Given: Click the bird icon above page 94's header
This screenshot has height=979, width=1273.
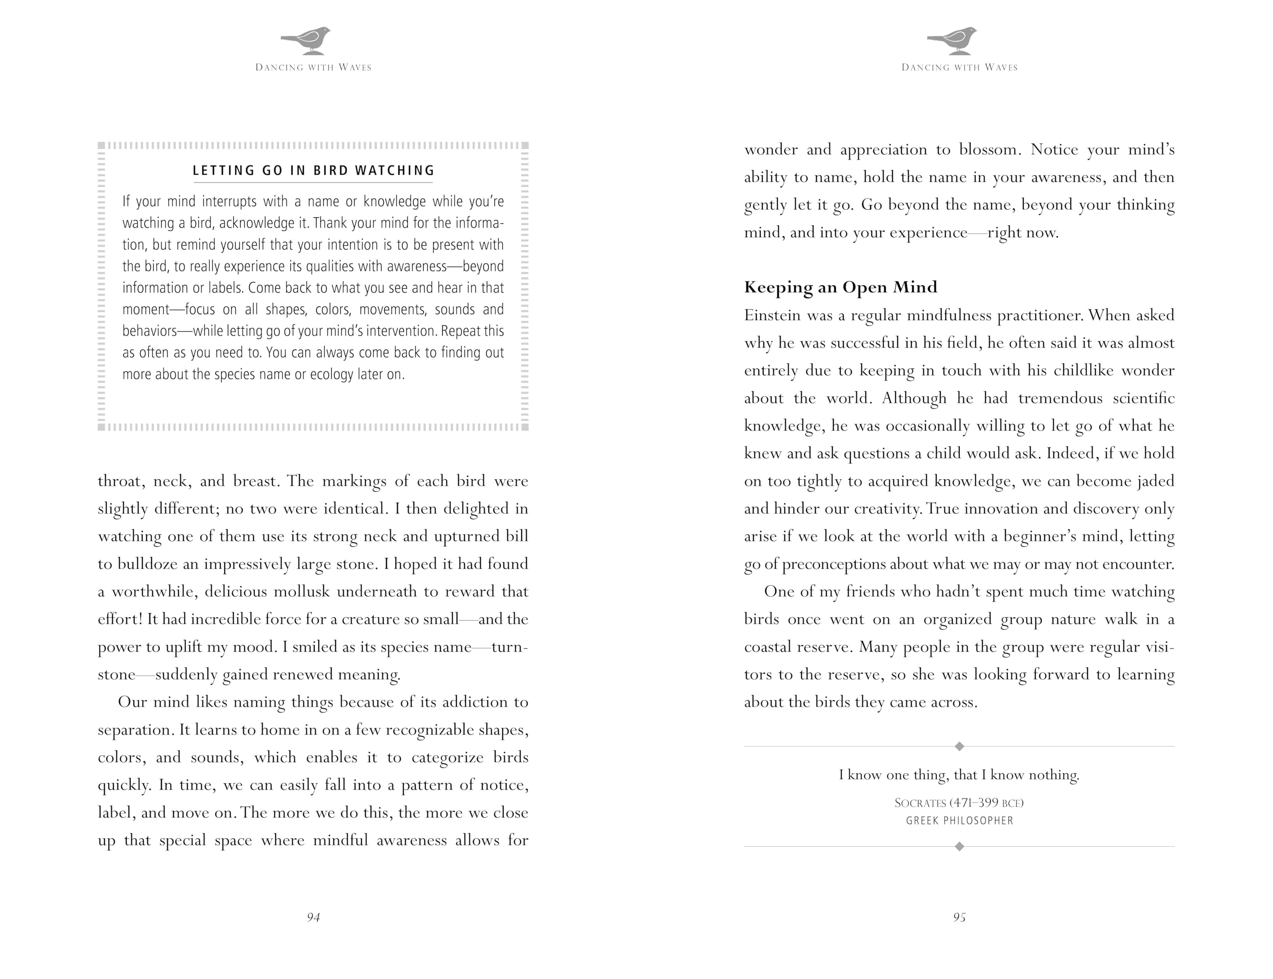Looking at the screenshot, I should click(x=307, y=40).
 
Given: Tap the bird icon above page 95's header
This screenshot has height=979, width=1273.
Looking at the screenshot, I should click(x=953, y=40).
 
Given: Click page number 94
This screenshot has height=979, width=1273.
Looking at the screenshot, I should click(x=314, y=917).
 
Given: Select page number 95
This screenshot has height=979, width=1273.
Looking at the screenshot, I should click(x=959, y=917).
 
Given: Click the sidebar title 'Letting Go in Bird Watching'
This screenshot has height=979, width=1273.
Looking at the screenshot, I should click(x=314, y=171).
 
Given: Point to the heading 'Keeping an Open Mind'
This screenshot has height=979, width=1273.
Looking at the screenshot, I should click(x=840, y=287).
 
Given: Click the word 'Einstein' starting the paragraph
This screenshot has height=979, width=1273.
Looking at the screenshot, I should click(x=769, y=315).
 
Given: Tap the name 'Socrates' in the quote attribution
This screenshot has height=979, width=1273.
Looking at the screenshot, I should click(x=920, y=803).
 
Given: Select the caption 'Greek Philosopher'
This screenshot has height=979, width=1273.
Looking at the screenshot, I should click(x=959, y=821).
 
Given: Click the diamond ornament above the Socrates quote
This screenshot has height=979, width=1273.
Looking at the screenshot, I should click(x=959, y=746).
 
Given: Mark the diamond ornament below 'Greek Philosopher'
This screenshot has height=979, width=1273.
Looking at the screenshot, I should click(x=959, y=847).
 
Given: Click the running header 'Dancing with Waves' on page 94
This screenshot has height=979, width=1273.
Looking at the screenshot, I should click(x=314, y=68).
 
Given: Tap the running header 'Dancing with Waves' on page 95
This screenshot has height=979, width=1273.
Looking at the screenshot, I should click(x=959, y=68).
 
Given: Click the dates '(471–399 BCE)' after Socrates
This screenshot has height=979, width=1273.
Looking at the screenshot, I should click(x=986, y=803).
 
